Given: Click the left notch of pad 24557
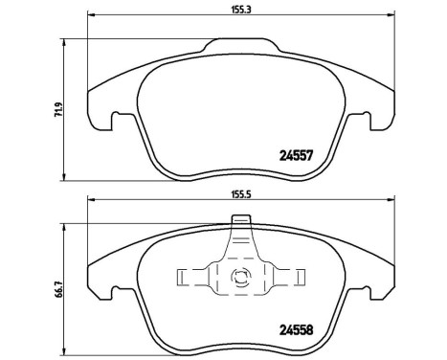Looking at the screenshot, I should (x=114, y=123).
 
